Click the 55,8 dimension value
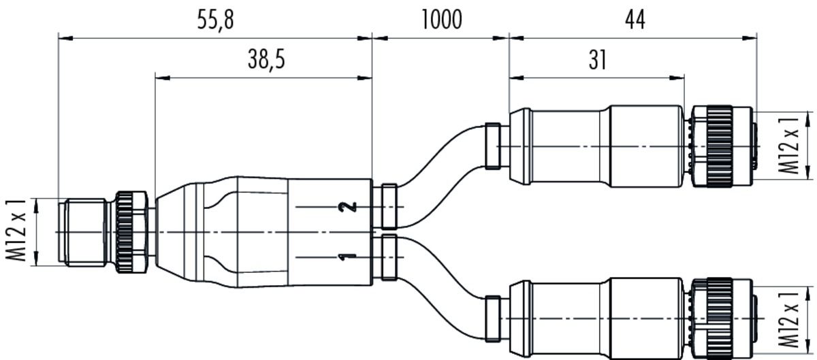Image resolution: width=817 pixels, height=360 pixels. [215, 21]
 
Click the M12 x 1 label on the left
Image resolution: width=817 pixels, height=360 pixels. [20, 231]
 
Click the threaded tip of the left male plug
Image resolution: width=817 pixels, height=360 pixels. [82, 232]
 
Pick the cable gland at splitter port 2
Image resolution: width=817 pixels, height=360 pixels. [389, 206]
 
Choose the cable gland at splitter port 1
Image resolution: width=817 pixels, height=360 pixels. [389, 257]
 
